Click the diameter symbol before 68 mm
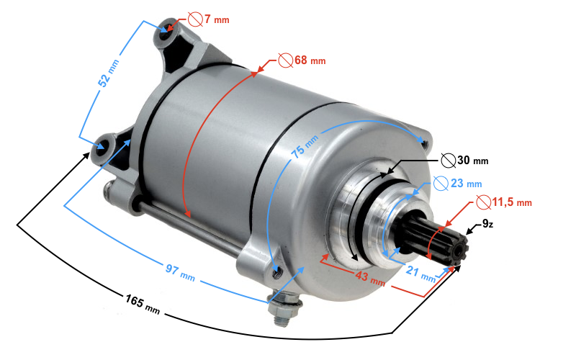(x=284, y=60)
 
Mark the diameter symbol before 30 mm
(x=447, y=160)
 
